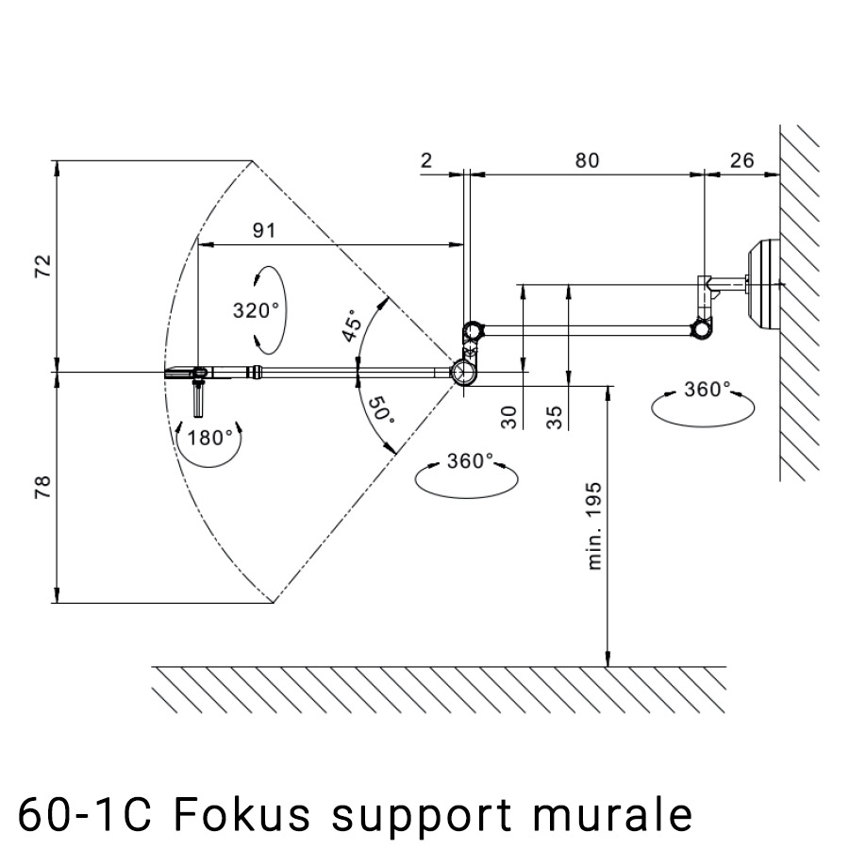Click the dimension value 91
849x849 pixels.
[x=265, y=229]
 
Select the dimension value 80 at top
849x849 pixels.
[x=587, y=160]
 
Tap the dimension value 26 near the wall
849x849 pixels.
[x=742, y=160]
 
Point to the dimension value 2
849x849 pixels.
[x=426, y=160]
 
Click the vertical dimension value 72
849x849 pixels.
[x=42, y=265]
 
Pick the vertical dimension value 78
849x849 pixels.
[x=42, y=488]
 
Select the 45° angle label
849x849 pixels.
[x=351, y=326]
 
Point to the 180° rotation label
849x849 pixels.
[x=209, y=437]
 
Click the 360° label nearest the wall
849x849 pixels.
[x=707, y=390]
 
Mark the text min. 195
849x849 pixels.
[x=595, y=525]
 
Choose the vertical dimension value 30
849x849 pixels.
[x=509, y=417]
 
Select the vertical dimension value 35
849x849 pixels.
[x=556, y=417]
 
